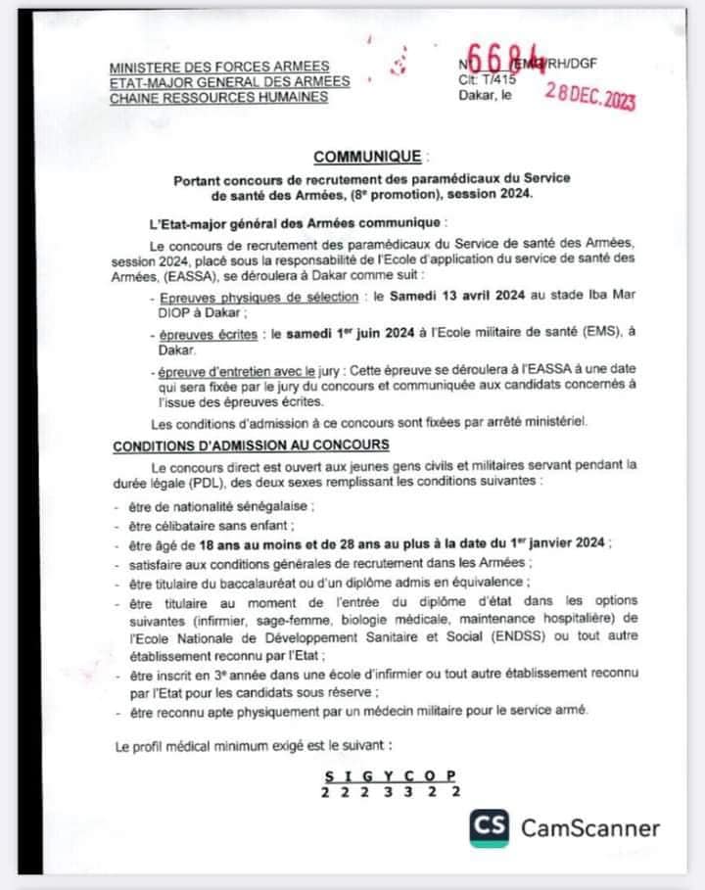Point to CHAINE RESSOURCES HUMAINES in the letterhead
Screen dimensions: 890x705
tap(218, 97)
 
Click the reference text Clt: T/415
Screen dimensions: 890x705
tap(487, 80)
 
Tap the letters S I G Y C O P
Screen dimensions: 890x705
tap(390, 775)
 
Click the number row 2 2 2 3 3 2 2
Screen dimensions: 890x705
tap(390, 792)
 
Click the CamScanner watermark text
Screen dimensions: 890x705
tap(589, 829)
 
